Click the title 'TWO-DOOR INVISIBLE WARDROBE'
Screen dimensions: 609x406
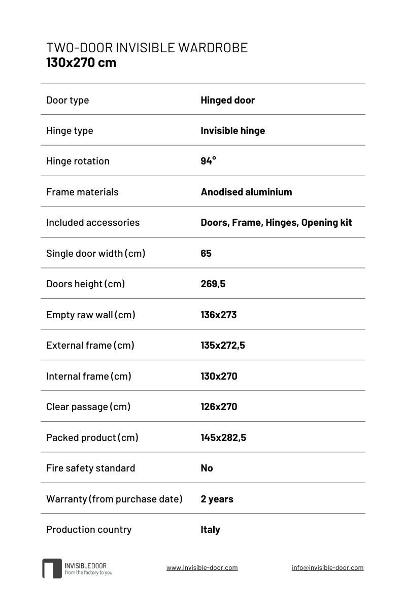pyautogui.click(x=147, y=48)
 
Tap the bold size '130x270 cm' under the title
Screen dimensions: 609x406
pyautogui.click(x=81, y=63)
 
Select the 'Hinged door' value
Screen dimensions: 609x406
pyautogui.click(x=227, y=100)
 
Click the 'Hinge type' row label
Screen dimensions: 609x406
pyautogui.click(x=70, y=130)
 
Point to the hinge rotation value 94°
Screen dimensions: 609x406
pyautogui.click(x=208, y=161)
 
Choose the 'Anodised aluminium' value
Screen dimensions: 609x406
pyautogui.click(x=246, y=192)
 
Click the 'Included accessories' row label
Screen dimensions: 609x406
pyautogui.click(x=93, y=222)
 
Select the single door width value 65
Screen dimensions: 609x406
pyautogui.click(x=206, y=253)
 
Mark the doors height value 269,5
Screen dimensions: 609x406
pyautogui.click(x=213, y=284)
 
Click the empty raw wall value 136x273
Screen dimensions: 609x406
pyautogui.click(x=218, y=315)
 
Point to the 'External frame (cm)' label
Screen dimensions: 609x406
pyautogui.click(x=90, y=345)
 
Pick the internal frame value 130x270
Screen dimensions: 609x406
pyautogui.click(x=219, y=376)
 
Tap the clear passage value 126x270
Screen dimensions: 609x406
pyautogui.click(x=219, y=407)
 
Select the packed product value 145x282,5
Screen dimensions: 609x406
pyautogui.click(x=223, y=437)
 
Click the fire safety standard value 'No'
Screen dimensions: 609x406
pyautogui.click(x=207, y=468)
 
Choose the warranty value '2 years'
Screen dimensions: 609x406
pyautogui.click(x=217, y=499)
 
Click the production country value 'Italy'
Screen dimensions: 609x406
pyautogui.click(x=210, y=529)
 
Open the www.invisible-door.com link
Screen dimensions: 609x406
pyautogui.click(x=202, y=568)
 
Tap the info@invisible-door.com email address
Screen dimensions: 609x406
pyautogui.click(x=327, y=568)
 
